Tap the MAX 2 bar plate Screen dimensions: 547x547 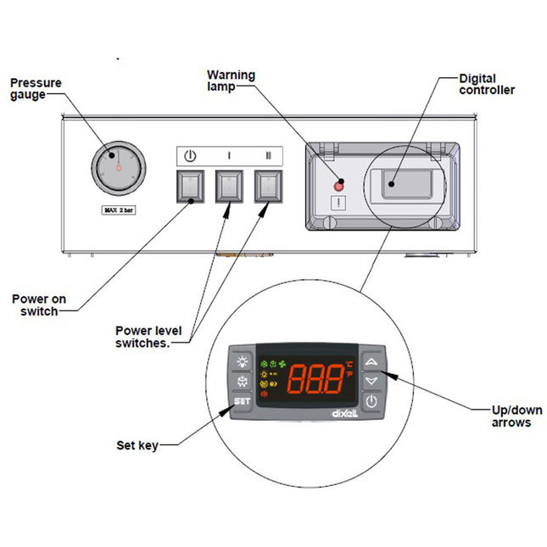(119, 209)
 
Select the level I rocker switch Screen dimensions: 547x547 (228, 185)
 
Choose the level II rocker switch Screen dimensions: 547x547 (269, 185)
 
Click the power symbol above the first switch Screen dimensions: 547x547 (190, 157)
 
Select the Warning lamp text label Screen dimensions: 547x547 (232, 81)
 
